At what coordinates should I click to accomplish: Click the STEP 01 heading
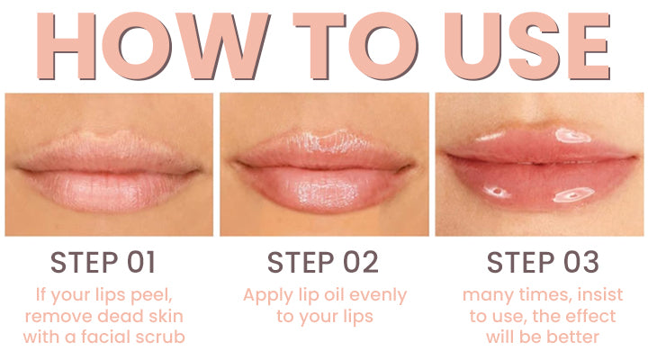click(x=103, y=263)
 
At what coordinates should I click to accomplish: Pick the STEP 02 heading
click(x=323, y=263)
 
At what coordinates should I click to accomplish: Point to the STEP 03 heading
click(x=542, y=263)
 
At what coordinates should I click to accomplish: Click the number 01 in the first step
click(x=139, y=263)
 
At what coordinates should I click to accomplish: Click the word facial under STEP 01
click(x=113, y=337)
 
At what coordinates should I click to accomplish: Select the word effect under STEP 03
click(x=590, y=316)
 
